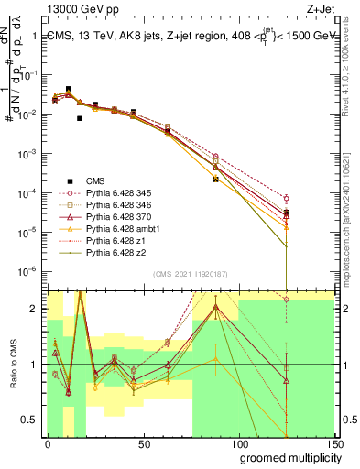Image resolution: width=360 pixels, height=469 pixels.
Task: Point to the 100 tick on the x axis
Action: (x=239, y=443)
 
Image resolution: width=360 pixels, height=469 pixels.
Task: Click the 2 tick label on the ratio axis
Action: (x=34, y=310)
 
